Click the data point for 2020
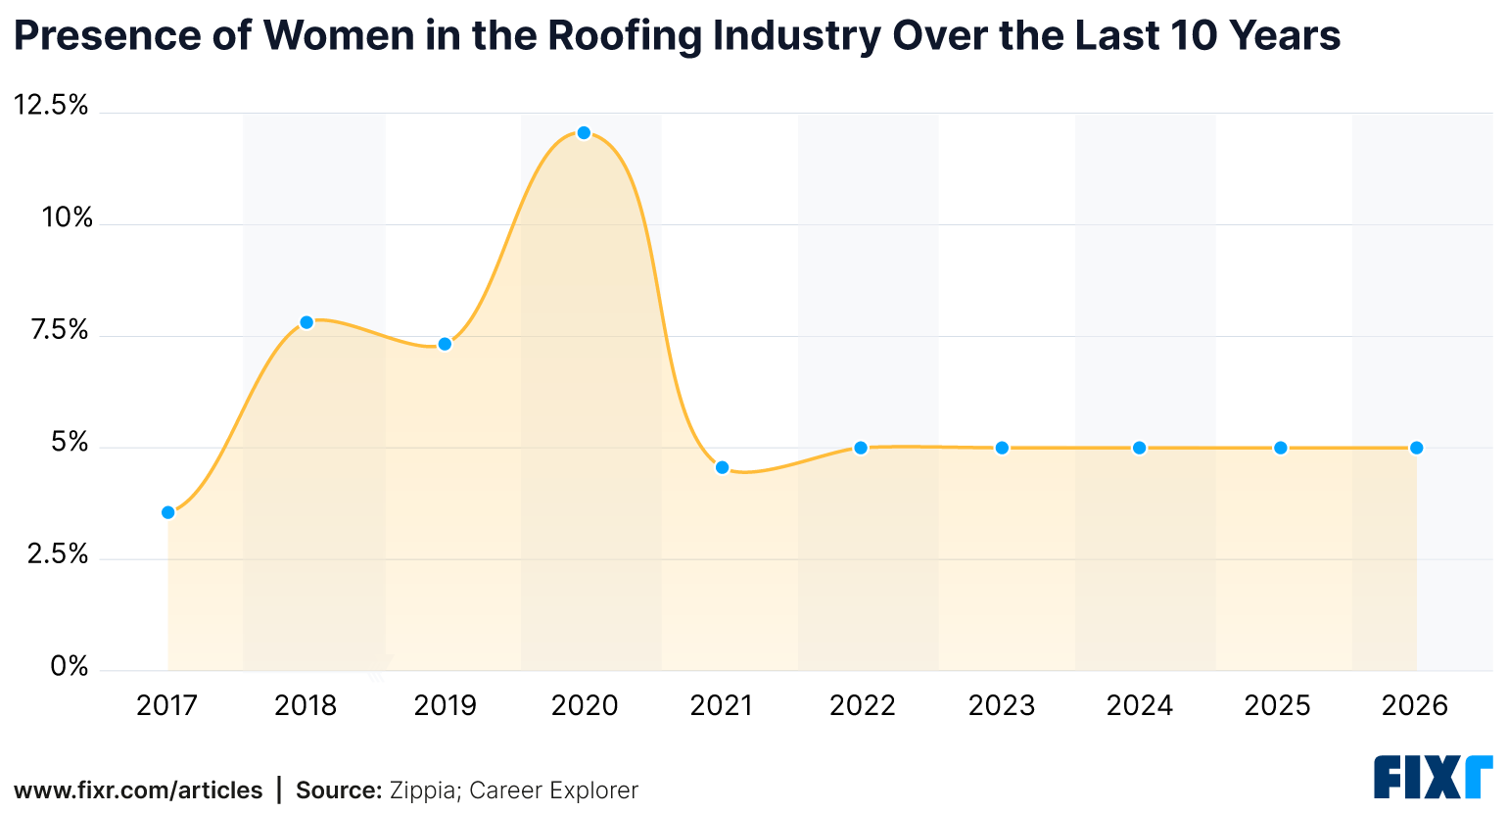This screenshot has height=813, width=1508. point(584,133)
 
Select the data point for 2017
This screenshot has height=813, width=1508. point(168,512)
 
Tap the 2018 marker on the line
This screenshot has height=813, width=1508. point(306,322)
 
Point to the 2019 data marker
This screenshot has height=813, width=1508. point(445,344)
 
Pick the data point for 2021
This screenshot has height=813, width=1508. point(722,467)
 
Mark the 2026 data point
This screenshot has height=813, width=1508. point(1416,448)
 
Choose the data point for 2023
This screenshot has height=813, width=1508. point(1002,448)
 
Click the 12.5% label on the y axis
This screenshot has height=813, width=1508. point(51,105)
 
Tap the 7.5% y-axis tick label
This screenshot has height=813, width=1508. point(59,329)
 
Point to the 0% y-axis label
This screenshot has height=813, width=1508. point(70,667)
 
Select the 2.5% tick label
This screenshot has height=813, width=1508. point(58,554)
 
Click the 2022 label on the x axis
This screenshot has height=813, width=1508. point(862,705)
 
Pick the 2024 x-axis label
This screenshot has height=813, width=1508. point(1139,705)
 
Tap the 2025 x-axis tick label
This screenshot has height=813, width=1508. point(1277,705)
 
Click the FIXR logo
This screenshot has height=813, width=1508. point(1433,777)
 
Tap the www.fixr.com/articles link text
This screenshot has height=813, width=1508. point(138,790)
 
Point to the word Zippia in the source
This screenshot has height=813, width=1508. point(424,790)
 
